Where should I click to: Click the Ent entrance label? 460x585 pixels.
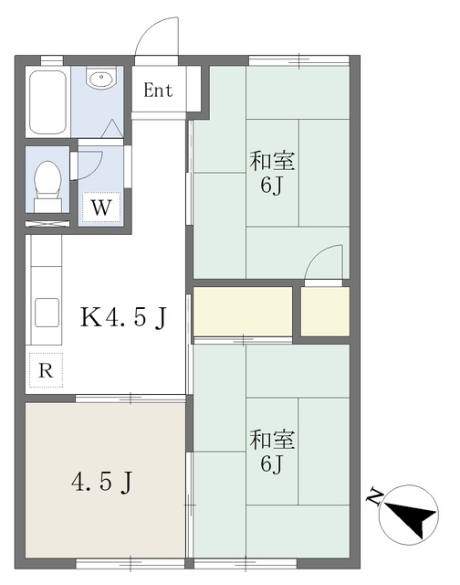click(158, 90)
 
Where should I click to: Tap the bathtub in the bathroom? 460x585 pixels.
click(47, 101)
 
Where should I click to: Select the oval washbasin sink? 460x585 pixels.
click(101, 78)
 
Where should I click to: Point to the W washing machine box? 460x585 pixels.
click(101, 207)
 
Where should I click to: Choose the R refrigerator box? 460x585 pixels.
click(46, 370)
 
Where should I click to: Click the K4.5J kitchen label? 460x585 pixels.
click(123, 317)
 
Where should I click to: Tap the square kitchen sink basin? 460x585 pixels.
click(47, 313)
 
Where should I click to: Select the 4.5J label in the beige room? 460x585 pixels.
click(101, 482)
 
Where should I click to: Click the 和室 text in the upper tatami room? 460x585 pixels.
click(272, 161)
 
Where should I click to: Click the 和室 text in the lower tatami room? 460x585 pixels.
click(272, 440)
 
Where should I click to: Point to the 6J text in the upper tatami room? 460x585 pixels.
click(272, 185)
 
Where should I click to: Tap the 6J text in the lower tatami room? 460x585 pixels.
click(272, 463)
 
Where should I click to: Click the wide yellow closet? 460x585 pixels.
click(243, 311)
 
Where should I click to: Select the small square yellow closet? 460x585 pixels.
click(325, 311)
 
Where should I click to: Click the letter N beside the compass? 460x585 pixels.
click(375, 496)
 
